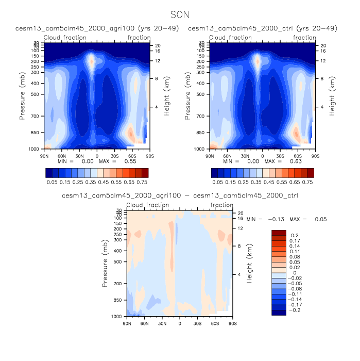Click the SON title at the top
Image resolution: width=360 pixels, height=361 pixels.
pos(180,17)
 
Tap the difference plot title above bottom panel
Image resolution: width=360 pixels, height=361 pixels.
pos(180,196)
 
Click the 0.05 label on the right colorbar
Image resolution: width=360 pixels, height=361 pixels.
pos(217,182)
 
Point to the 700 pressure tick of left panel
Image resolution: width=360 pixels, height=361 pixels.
pos(36,117)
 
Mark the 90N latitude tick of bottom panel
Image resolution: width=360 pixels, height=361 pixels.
pos(127,323)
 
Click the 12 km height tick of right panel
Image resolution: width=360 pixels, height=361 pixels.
pos(320,61)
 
